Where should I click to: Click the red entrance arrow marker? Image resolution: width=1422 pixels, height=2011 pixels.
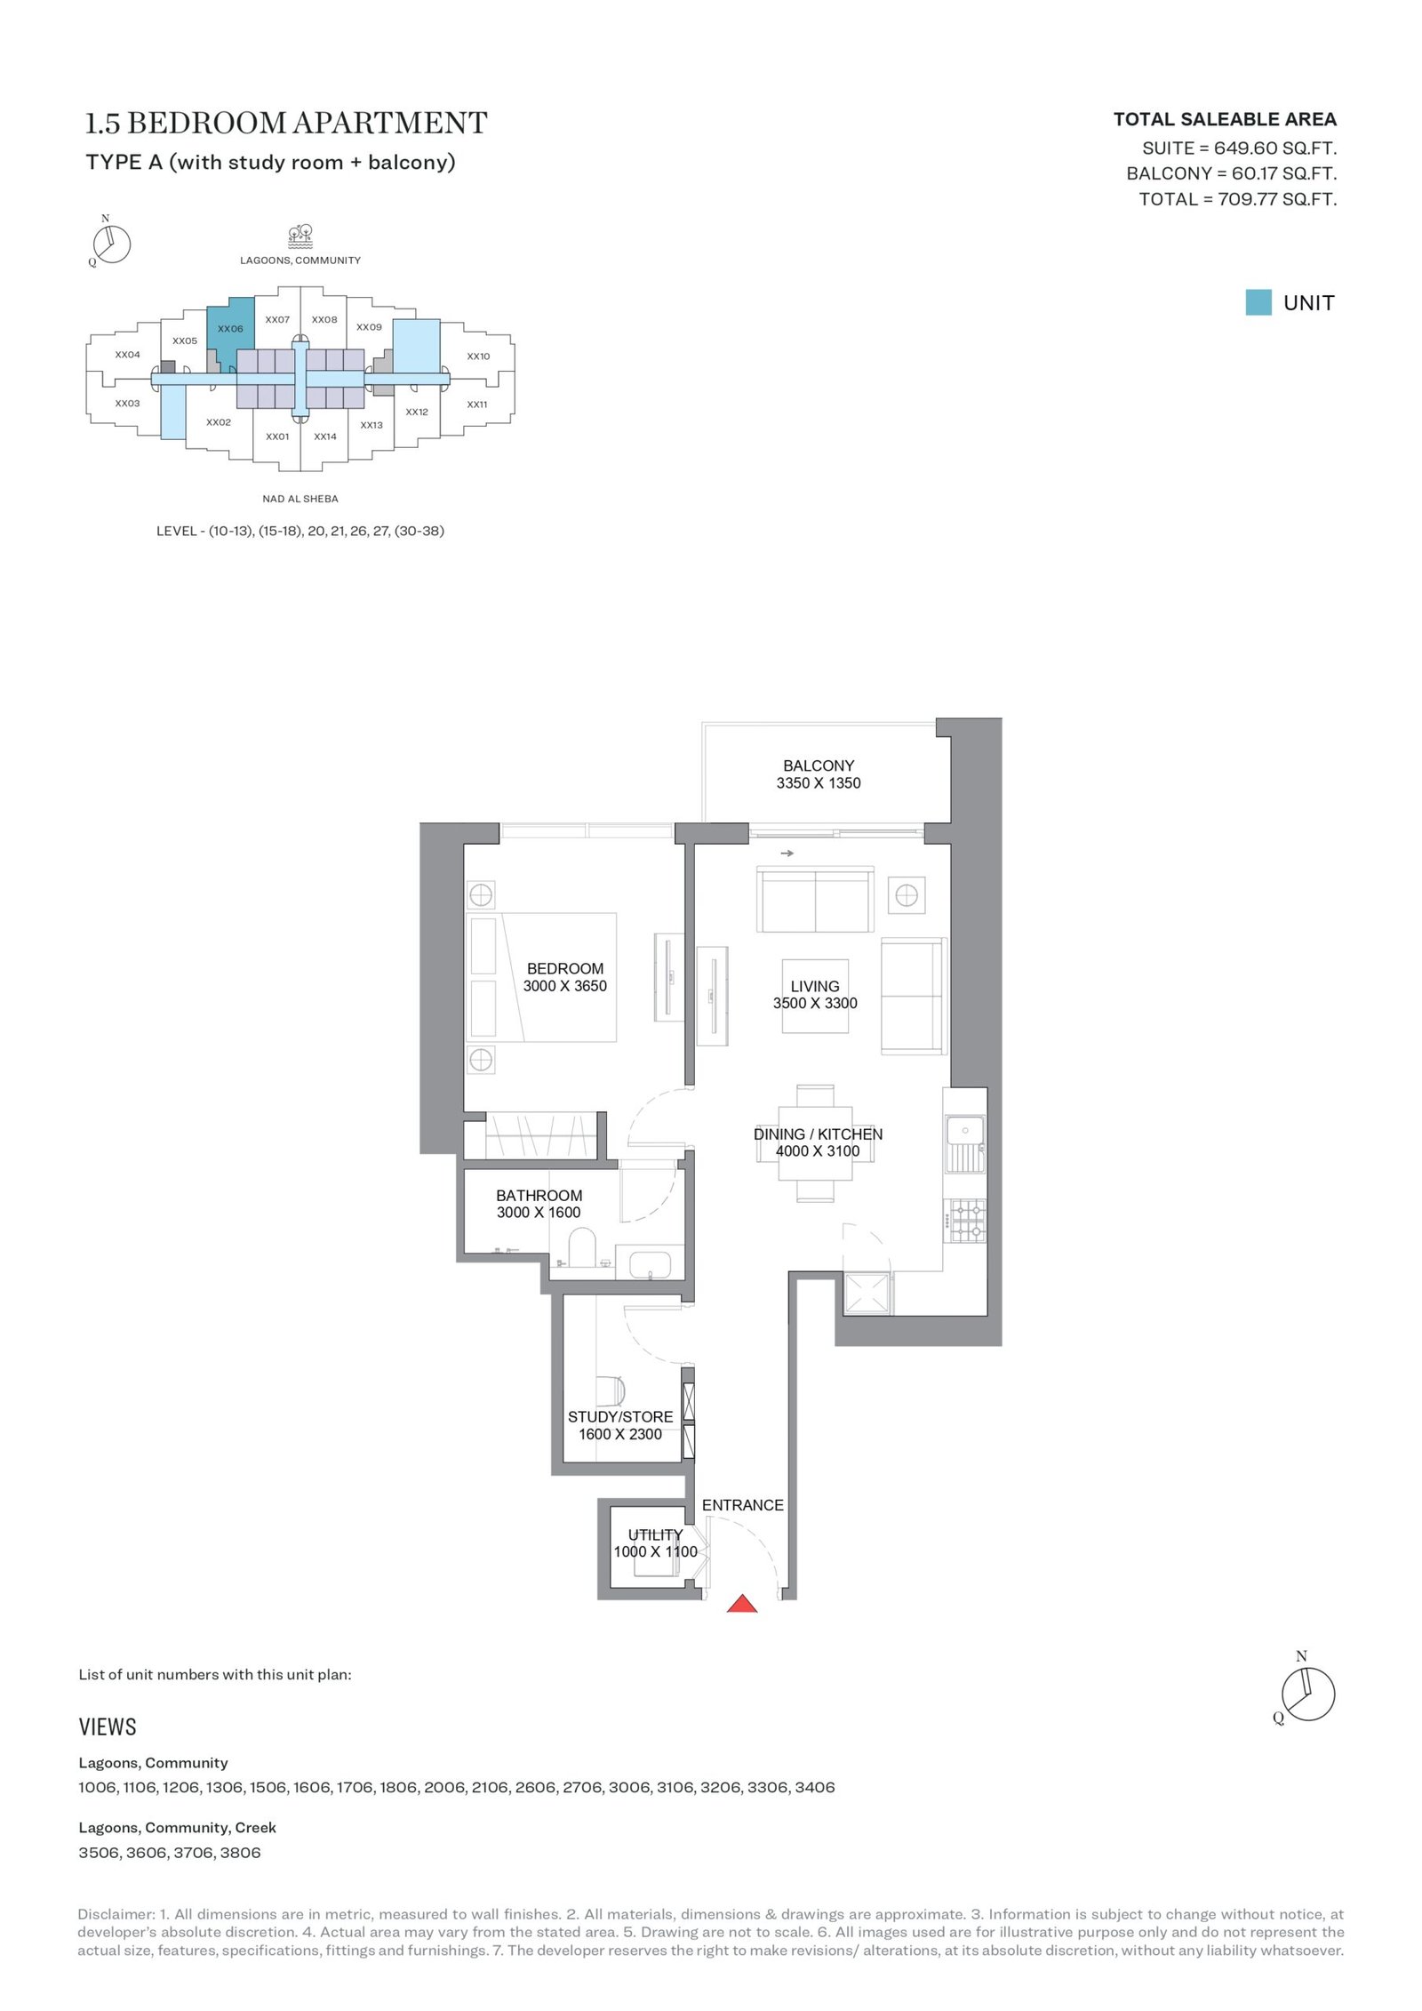742,1603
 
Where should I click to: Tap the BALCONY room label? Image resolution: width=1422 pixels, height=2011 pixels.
819,765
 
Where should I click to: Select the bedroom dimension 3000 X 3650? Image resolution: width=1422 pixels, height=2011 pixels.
565,986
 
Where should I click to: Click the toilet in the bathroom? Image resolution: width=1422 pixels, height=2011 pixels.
581,1246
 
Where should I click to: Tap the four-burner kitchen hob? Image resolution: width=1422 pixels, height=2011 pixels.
965,1221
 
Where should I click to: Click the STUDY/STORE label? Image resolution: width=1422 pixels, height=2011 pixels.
620,1417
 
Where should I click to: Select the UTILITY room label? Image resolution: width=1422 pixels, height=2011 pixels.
655,1534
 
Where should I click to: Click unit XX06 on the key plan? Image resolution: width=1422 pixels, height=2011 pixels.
229,329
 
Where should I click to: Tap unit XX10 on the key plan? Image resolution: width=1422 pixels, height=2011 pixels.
478,357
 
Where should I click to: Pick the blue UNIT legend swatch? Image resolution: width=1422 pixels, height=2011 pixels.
1258,302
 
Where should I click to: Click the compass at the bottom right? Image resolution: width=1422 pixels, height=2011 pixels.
1307,1695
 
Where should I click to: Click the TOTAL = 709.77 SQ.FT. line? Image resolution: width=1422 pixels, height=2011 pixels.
1238,199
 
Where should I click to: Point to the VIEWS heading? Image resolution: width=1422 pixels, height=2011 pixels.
108,1727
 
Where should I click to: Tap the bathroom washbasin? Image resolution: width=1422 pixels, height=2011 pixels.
650,1263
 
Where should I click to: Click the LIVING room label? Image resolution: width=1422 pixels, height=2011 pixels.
815,986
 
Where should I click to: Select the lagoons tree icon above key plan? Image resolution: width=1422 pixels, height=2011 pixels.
300,236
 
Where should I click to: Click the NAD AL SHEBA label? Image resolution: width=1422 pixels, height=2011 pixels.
300,499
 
